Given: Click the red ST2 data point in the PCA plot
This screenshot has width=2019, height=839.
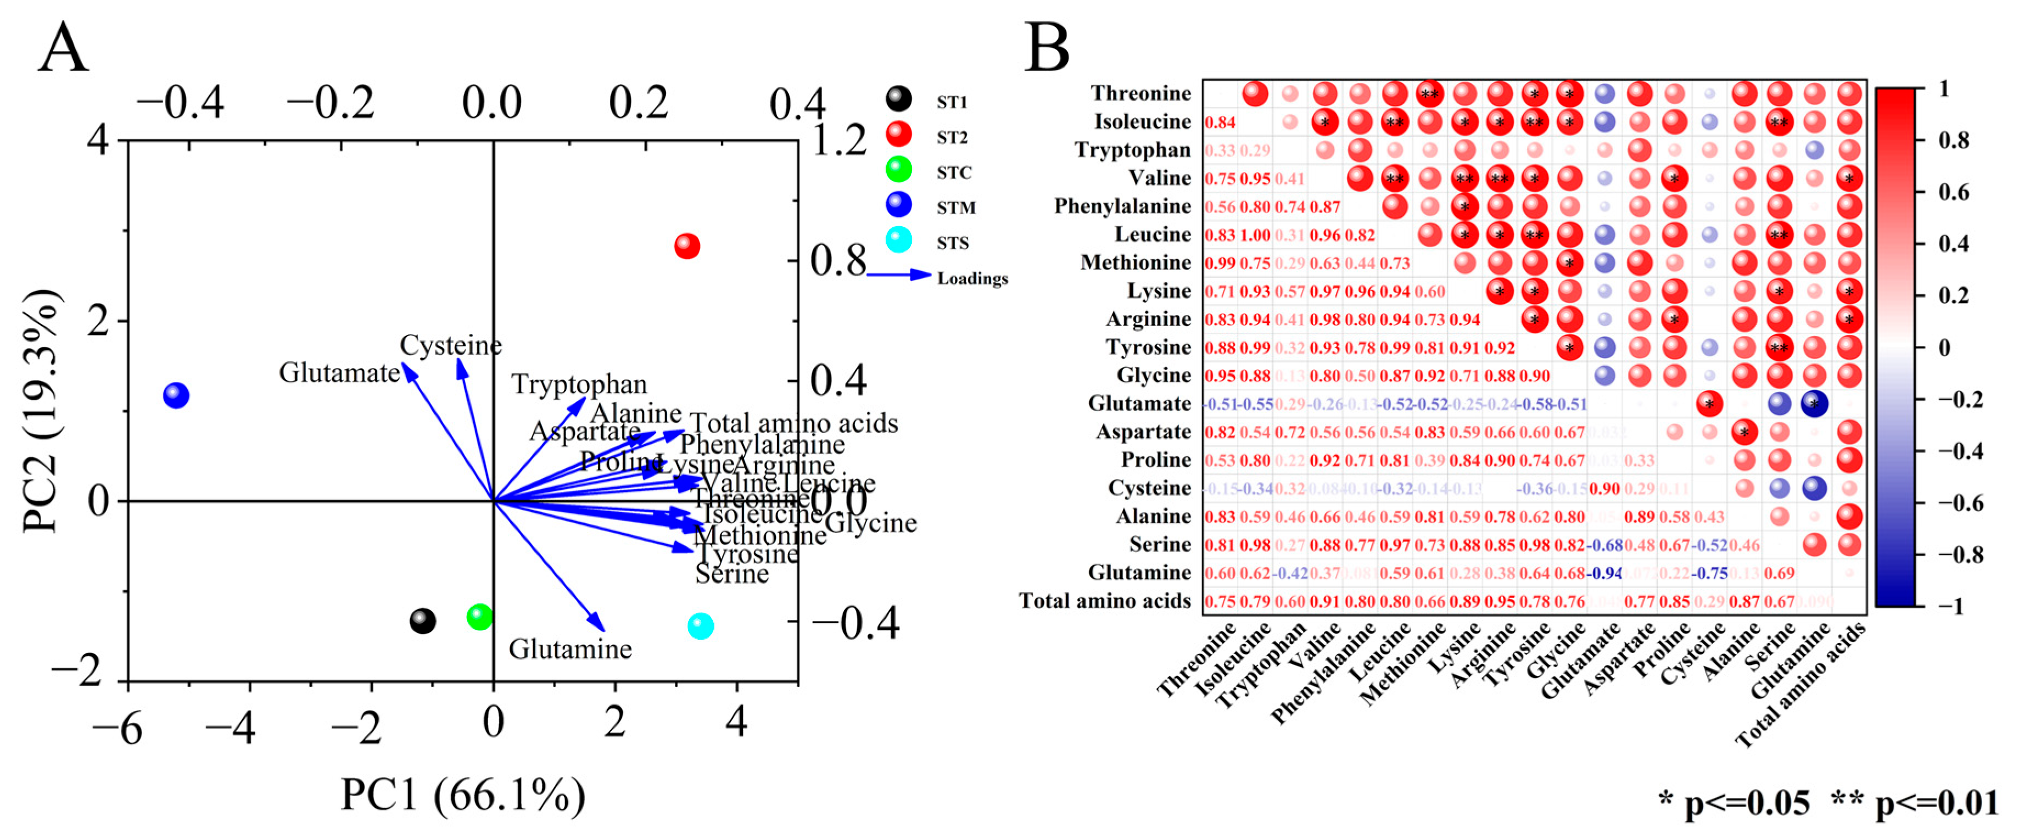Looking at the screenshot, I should click(686, 246).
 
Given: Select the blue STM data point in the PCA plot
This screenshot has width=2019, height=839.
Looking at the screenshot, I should click(176, 395).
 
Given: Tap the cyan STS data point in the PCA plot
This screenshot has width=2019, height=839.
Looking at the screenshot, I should click(701, 626).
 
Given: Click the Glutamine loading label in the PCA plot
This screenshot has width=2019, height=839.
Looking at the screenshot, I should click(570, 649).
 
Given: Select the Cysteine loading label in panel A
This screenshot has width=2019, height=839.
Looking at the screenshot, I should click(451, 345).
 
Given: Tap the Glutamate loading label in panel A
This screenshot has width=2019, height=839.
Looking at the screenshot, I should click(339, 372).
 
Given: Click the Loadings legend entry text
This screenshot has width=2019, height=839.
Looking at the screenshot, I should click(972, 278).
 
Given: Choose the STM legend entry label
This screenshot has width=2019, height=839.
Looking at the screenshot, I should click(956, 208).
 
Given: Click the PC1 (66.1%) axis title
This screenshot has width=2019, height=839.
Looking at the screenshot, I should click(462, 796).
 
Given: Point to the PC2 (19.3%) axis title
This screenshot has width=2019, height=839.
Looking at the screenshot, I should click(41, 412).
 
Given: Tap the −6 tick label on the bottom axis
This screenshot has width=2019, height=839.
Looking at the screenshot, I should click(118, 729).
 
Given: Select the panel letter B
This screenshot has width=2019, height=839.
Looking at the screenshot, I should click(1047, 47).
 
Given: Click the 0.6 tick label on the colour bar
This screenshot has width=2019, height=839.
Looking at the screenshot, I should click(1953, 192).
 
